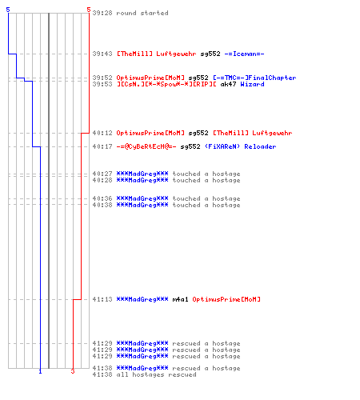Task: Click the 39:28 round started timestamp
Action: coord(102,13)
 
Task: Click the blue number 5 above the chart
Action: coord(8,10)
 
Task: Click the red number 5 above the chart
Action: coord(89,10)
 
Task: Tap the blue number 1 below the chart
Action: coord(40,371)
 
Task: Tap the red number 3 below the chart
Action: coord(73,371)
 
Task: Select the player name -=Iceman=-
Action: coord(244,54)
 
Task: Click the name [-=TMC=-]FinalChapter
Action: coord(254,78)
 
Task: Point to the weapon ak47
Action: coord(228,84)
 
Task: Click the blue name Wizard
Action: coord(252,84)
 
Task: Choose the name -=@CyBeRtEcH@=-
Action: coord(146,146)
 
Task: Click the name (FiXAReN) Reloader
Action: coord(240,146)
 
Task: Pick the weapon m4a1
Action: coord(180,299)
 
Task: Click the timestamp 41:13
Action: coord(102,299)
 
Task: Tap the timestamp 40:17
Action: coord(102,146)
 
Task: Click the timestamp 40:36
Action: coord(102,198)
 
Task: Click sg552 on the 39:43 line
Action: coord(210,54)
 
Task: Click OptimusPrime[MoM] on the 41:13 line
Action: coord(226,299)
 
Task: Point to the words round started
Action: coord(142,13)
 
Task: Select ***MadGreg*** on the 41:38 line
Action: coord(142,368)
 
